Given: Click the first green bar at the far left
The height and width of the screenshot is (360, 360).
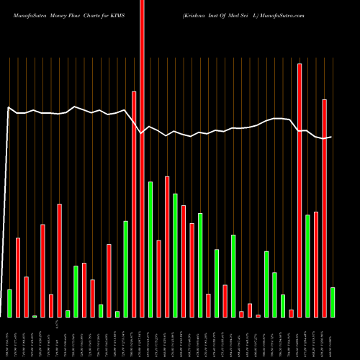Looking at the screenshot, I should coord(9,303).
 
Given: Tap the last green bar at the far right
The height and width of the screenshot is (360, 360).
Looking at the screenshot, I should coord(333,302).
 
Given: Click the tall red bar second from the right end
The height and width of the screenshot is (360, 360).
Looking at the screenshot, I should coord(324,208).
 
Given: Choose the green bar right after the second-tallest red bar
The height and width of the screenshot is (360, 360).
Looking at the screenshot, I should coord(307,266).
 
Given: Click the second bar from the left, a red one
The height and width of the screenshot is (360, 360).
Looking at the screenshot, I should coord(18,277).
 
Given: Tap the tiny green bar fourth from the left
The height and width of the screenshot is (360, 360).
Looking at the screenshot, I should coord(35,316).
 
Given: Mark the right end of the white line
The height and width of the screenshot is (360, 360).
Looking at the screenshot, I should coord(331,137).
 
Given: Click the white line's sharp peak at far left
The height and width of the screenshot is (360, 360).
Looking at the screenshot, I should coord(9,108).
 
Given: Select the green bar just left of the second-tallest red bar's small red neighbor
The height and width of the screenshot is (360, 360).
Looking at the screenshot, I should coord(283,305).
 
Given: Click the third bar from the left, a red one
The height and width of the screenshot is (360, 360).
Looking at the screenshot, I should coord(26,297).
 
